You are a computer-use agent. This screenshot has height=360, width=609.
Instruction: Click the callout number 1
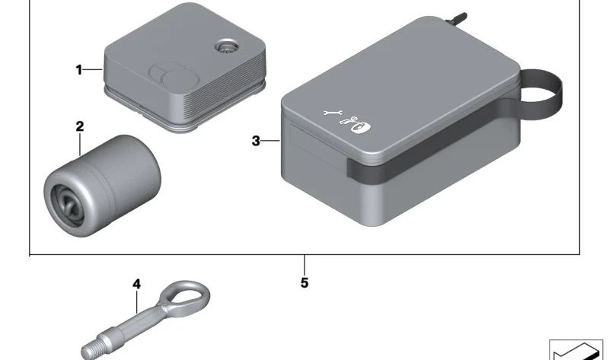(79, 70)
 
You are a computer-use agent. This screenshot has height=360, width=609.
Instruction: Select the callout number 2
(80, 126)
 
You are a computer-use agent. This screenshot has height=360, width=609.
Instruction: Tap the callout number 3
(256, 141)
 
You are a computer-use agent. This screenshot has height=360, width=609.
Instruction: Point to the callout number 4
(136, 285)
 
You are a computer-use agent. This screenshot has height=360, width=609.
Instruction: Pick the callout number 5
(304, 282)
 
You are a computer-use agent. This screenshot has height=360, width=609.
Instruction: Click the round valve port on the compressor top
(226, 46)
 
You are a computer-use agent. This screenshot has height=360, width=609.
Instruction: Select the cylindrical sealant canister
(102, 186)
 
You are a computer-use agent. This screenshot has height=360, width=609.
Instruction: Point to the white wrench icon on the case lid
(333, 113)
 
